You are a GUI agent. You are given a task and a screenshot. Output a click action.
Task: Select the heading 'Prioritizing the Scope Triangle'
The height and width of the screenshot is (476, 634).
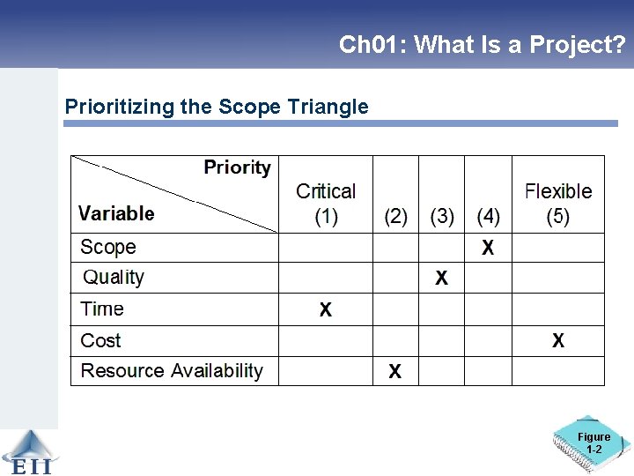tap(217, 108)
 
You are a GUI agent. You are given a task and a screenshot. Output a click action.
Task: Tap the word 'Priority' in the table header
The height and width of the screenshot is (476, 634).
tap(238, 167)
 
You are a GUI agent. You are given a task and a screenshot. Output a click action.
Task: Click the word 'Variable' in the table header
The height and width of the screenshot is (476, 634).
tap(116, 213)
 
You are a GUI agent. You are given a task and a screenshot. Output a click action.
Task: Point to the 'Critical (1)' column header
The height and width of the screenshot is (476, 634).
tap(326, 204)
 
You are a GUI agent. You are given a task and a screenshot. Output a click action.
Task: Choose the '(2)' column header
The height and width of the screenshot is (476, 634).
tap(396, 216)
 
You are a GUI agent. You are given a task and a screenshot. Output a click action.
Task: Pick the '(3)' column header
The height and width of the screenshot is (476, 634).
tap(442, 216)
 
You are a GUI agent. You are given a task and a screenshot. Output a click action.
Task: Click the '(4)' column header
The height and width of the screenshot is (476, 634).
tap(489, 216)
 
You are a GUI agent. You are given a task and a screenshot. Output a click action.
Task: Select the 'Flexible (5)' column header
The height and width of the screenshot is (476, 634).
tap(558, 204)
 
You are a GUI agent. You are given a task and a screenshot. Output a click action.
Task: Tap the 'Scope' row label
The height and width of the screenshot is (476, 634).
tap(108, 247)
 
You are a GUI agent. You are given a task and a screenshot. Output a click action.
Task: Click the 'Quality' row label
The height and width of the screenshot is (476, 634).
tap(114, 278)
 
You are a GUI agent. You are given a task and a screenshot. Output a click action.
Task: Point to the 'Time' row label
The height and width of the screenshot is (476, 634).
tap(102, 309)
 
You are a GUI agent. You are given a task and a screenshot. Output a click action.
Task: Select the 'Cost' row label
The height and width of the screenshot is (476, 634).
tap(100, 340)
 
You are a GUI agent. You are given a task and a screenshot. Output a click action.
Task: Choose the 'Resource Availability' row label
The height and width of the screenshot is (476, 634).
tap(172, 371)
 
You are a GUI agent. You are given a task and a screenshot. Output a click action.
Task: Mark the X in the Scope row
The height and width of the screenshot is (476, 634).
tap(488, 249)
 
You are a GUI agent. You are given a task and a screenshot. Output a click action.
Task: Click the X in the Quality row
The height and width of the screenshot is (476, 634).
tap(441, 279)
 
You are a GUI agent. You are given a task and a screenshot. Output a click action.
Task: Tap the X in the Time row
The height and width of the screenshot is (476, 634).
tap(326, 310)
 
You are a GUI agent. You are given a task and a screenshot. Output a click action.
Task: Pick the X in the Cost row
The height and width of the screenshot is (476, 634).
tap(558, 341)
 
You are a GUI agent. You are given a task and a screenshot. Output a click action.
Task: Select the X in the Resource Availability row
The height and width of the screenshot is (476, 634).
tap(395, 372)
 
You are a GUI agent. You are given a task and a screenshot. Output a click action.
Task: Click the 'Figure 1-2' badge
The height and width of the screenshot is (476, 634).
tap(593, 443)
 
